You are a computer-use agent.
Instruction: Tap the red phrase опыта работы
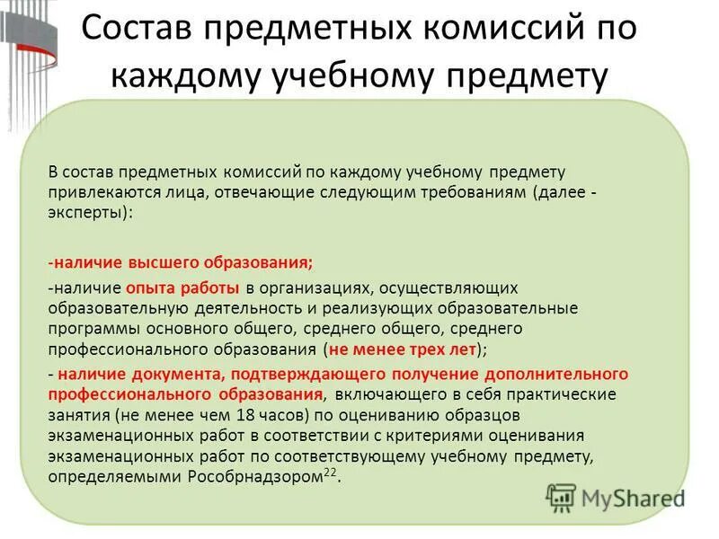click(195, 287)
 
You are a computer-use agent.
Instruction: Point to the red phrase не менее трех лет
click(403, 350)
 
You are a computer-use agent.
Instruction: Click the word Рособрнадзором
click(253, 477)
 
